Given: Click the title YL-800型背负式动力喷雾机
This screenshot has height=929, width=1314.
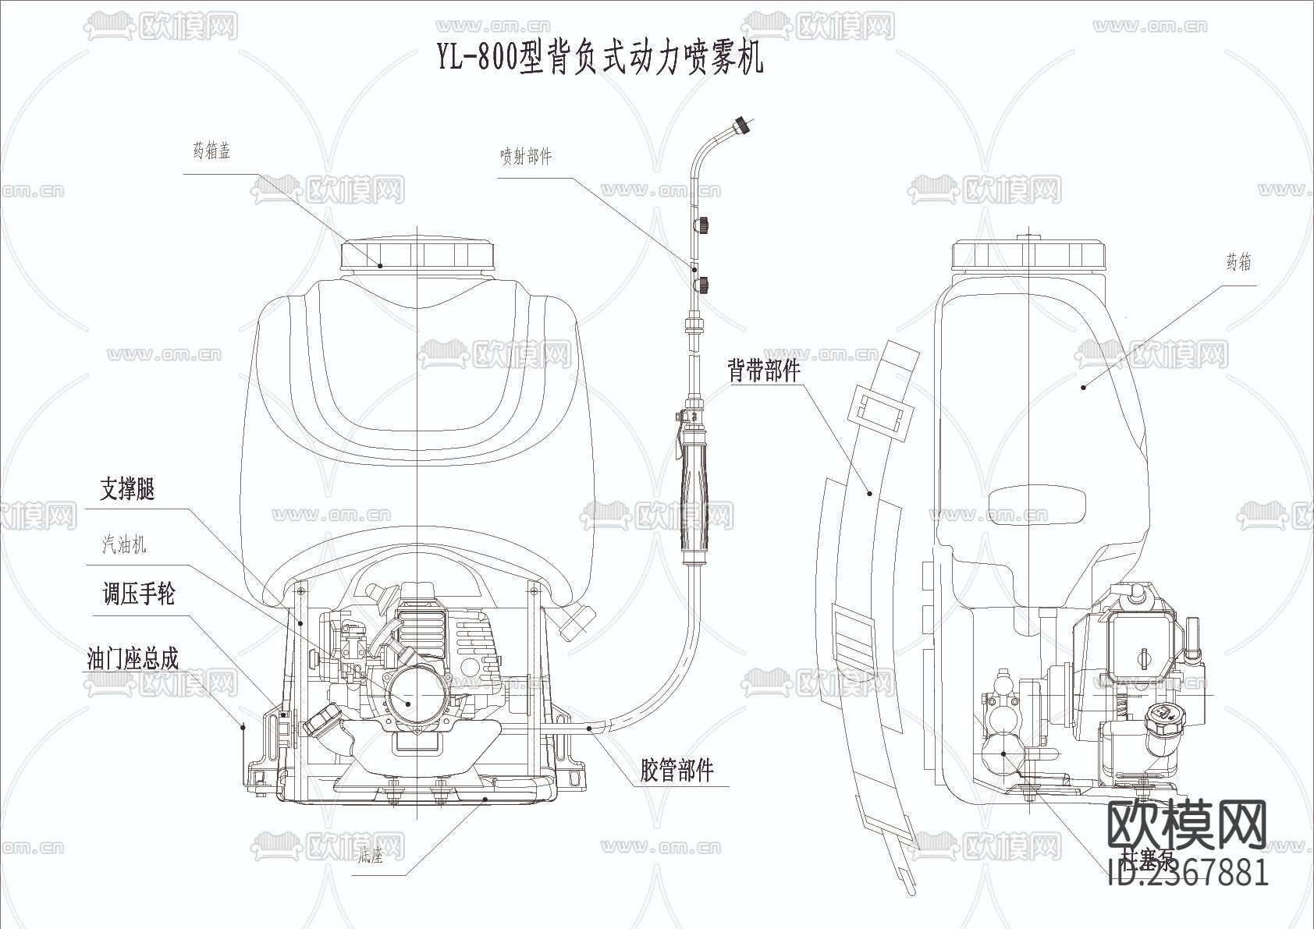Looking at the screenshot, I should [x=599, y=59].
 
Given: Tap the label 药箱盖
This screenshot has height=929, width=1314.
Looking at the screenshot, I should [x=211, y=151].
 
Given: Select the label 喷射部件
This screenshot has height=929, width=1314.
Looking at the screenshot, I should [x=526, y=156].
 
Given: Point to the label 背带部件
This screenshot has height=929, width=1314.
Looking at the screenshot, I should [x=764, y=370].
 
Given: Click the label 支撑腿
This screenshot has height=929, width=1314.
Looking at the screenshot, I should [x=127, y=489].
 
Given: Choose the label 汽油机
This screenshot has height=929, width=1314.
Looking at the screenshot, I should [x=124, y=544].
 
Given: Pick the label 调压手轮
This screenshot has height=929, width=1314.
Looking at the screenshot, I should [x=139, y=594].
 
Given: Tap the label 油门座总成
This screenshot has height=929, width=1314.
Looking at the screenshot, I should [x=133, y=659].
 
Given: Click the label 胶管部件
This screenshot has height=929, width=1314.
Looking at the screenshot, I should [x=677, y=771].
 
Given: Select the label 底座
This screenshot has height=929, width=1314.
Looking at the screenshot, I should [x=371, y=855].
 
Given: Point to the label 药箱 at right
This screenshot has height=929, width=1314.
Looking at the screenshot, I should [x=1238, y=263].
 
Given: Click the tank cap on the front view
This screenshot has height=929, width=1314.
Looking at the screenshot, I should [x=418, y=254].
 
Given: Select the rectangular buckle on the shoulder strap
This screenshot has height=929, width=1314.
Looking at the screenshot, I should [x=883, y=411].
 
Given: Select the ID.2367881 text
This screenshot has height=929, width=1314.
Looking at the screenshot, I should [x=1188, y=872].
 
